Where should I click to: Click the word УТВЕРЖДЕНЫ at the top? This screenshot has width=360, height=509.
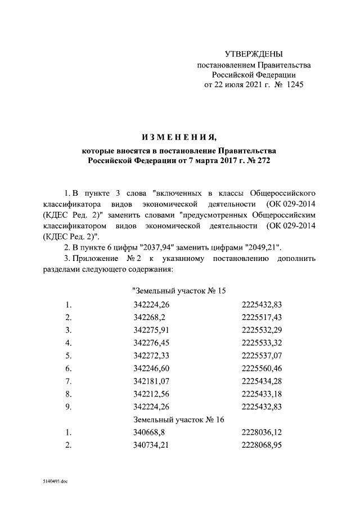click(253, 55)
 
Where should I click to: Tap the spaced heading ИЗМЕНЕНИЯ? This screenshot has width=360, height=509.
click(179, 138)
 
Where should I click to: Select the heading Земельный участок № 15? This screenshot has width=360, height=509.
click(178, 291)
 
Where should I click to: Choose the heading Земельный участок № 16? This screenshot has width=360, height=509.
click(179, 420)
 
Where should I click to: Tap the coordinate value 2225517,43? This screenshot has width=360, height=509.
click(261, 318)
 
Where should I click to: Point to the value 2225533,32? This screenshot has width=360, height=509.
click(261, 343)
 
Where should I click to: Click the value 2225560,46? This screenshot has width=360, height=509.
click(261, 368)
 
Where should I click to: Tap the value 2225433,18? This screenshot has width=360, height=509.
click(261, 394)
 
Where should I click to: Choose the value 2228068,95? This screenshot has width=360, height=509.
click(261, 445)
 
